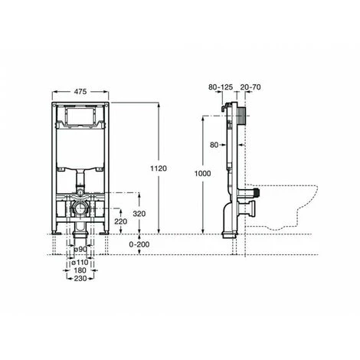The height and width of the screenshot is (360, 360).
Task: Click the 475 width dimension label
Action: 80,91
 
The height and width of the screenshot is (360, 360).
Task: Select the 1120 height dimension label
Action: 159,169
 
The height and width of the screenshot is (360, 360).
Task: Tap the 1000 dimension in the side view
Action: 203,174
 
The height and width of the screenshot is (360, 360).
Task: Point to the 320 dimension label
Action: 139,214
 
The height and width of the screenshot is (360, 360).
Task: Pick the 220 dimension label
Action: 120,221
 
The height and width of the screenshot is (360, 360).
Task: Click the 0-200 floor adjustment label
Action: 139,244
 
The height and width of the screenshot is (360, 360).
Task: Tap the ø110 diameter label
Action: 80,262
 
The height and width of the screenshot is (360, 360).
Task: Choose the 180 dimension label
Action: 80,270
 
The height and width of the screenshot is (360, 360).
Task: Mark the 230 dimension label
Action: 80,278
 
